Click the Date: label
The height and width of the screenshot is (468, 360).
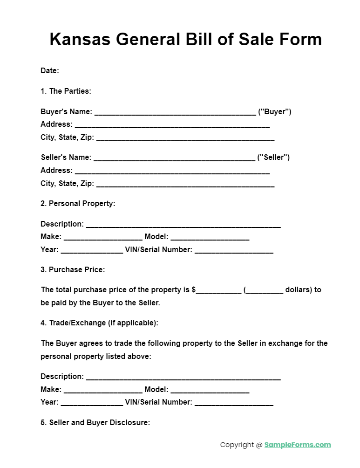pyautogui.click(x=50, y=71)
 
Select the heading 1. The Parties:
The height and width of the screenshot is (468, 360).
pyautogui.click(x=66, y=91)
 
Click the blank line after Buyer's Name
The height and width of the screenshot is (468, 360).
pyautogui.click(x=175, y=112)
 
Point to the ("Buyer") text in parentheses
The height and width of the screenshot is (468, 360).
pyautogui.click(x=275, y=112)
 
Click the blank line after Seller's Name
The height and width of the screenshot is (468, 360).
pyautogui.click(x=174, y=158)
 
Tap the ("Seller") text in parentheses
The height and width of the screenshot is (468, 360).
pyautogui.click(x=273, y=158)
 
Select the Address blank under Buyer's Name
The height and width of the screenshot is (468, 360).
pyautogui.click(x=172, y=125)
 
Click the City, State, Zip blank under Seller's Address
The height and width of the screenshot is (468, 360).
pyautogui.click(x=185, y=184)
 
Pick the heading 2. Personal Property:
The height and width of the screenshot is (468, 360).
pyautogui.click(x=78, y=203)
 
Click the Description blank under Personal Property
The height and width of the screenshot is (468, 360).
pyautogui.click(x=183, y=225)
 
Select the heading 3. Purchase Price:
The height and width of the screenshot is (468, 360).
pyautogui.click(x=73, y=269)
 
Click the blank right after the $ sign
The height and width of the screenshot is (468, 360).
pyautogui.click(x=218, y=290)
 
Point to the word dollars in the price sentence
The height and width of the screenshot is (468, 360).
pyautogui.click(x=298, y=289)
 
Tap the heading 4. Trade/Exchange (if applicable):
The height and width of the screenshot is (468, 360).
pyautogui.click(x=99, y=323)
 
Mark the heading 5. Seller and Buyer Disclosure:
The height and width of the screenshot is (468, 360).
pyautogui.click(x=95, y=423)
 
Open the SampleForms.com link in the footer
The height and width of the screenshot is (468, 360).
pyautogui.click(x=298, y=445)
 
